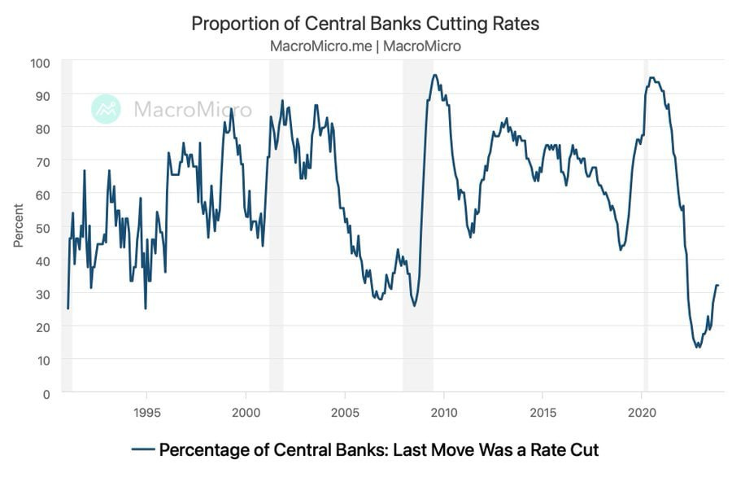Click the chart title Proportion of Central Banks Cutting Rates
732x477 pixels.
point(365,23)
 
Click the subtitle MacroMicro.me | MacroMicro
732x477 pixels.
point(365,46)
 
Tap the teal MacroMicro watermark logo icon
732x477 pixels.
point(106,109)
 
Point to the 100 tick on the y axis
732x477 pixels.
point(41,62)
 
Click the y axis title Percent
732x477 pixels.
point(18,227)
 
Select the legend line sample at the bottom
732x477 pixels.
point(142,449)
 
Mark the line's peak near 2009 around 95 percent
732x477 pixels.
point(435,76)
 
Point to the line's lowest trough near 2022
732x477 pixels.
point(698,347)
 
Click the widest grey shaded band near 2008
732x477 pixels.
point(417,227)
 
